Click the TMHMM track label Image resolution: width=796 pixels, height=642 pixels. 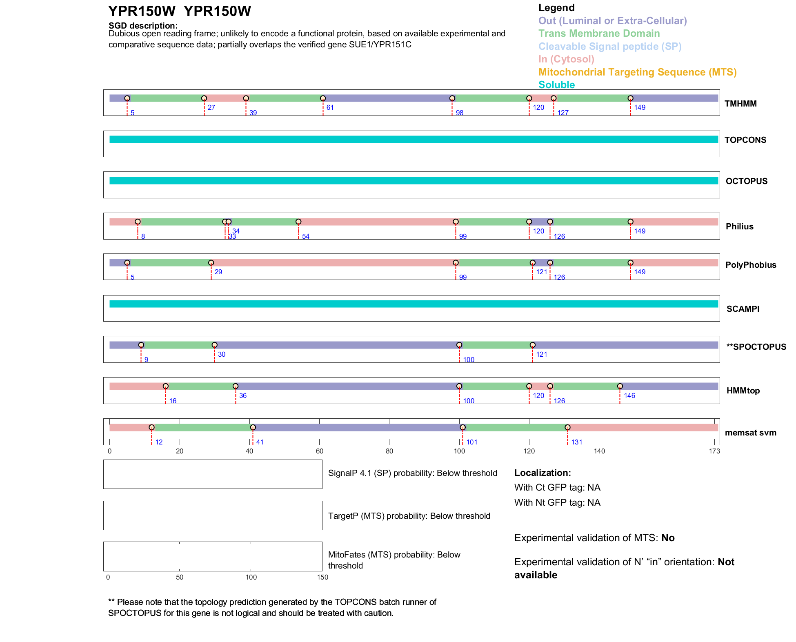pyautogui.click(x=740, y=104)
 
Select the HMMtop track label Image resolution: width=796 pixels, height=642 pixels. pyautogui.click(x=743, y=391)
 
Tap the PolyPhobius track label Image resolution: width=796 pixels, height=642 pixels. pyautogui.click(x=750, y=265)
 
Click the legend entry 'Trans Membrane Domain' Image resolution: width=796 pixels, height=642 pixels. pyautogui.click(x=599, y=33)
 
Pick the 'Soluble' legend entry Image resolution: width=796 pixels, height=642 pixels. pyautogui.click(x=556, y=85)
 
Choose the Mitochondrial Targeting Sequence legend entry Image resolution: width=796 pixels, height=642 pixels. pyautogui.click(x=637, y=72)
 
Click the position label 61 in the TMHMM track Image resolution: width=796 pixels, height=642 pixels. pyautogui.click(x=330, y=108)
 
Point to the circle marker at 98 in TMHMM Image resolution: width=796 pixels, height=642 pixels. pyautogui.click(x=452, y=98)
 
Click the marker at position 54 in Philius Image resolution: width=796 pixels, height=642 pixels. pyautogui.click(x=298, y=222)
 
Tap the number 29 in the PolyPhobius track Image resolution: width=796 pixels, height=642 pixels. pyautogui.click(x=218, y=272)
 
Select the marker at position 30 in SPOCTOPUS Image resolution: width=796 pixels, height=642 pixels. pyautogui.click(x=214, y=345)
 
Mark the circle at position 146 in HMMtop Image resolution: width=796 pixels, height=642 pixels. pyautogui.click(x=620, y=386)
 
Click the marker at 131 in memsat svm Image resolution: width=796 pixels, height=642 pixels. pyautogui.click(x=567, y=427)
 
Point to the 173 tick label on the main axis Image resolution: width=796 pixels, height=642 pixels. pyautogui.click(x=714, y=451)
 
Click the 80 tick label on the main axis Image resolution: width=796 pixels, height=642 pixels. pyautogui.click(x=389, y=451)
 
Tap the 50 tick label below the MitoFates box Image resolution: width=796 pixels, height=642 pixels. pyautogui.click(x=180, y=577)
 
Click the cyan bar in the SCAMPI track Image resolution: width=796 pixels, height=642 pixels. pyautogui.click(x=414, y=304)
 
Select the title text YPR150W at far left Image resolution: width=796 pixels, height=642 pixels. pyautogui.click(x=142, y=11)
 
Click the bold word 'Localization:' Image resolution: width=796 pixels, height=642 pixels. pyautogui.click(x=542, y=473)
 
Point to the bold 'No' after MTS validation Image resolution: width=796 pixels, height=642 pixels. pyautogui.click(x=668, y=538)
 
